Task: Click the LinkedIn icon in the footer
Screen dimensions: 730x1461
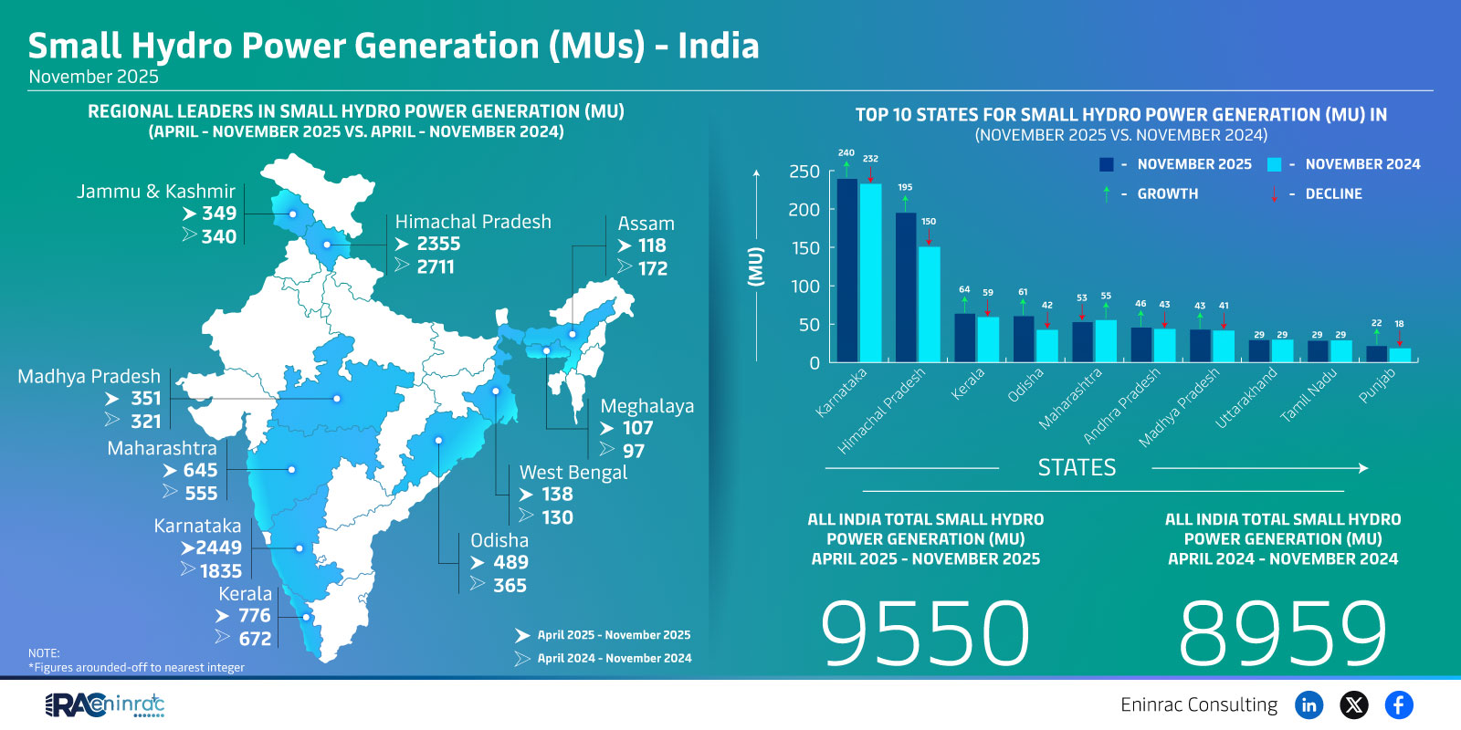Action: point(1309,704)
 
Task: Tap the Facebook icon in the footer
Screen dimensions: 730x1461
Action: point(1398,704)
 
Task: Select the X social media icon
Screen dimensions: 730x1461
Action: point(1354,704)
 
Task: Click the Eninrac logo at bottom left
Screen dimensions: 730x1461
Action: point(104,704)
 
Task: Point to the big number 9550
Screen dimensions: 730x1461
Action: point(925,633)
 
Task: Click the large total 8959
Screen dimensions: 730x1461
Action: point(1283,633)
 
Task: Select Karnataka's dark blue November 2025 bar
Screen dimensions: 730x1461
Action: point(846,274)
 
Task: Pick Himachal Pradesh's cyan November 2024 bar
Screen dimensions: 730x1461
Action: point(929,306)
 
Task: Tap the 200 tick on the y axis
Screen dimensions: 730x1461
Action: point(804,210)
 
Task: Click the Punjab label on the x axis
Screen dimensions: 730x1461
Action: point(1377,386)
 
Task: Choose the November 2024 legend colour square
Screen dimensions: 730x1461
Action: point(1275,164)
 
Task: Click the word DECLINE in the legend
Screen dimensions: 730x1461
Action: point(1333,193)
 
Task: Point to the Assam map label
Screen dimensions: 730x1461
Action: point(646,224)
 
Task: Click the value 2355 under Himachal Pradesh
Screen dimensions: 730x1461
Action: point(438,244)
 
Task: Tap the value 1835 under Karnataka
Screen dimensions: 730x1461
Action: point(220,571)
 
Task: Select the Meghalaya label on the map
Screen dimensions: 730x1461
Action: point(646,406)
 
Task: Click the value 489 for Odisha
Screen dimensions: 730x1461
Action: point(510,562)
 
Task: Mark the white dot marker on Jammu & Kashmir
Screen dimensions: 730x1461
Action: point(292,214)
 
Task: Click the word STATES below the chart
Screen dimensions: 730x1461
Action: point(1077,467)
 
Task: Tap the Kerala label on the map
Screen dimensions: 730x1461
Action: point(245,594)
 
